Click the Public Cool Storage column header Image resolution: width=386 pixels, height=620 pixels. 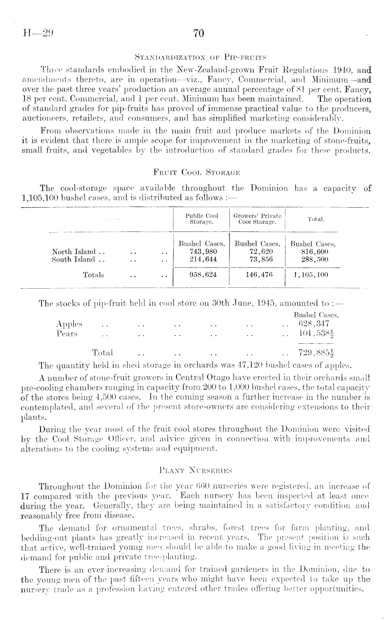(201, 219)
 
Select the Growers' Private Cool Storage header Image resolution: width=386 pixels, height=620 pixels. (257, 219)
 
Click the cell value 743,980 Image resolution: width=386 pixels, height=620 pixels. (201, 252)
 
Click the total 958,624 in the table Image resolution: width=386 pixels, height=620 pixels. (201, 275)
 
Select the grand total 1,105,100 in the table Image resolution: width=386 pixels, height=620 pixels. (310, 275)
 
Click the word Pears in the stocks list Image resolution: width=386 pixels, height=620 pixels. (67, 333)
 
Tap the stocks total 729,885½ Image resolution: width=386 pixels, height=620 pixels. (316, 353)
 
